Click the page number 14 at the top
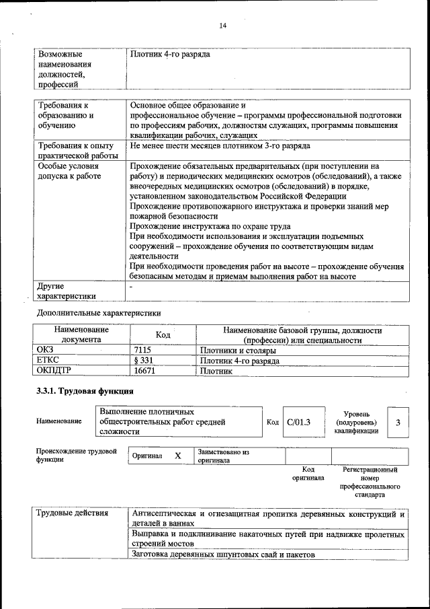(x=222, y=26)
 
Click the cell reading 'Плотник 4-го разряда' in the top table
(x=171, y=54)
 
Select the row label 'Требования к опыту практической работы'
(x=75, y=150)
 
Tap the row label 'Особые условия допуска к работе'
(x=69, y=171)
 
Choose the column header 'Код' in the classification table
(x=163, y=335)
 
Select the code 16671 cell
(x=145, y=370)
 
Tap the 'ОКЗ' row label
(x=46, y=351)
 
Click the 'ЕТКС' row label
(x=49, y=361)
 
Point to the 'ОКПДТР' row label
(x=54, y=370)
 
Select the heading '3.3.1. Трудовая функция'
(x=85, y=391)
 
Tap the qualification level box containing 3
(x=398, y=422)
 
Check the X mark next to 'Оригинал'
(x=178, y=456)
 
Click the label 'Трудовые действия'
(x=72, y=514)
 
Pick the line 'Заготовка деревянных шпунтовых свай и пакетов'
(x=223, y=554)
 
